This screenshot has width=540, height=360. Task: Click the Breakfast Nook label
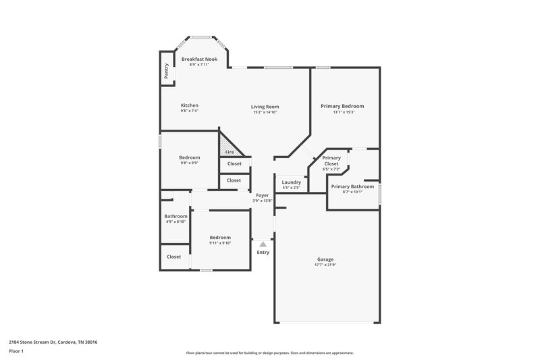coord(199,59)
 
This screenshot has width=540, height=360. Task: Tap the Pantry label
coord(166,70)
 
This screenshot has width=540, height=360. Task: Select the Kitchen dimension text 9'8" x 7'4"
coord(189,111)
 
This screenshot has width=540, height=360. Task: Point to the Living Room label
coord(265,107)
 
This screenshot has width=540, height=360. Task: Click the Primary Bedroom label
coord(342,106)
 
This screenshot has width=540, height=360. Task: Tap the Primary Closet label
coord(331,161)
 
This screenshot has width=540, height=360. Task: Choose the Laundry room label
coord(291,182)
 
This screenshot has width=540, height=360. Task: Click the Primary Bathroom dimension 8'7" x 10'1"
coord(352,192)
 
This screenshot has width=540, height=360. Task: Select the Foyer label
coord(262,195)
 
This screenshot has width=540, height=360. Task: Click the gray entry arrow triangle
coord(263,245)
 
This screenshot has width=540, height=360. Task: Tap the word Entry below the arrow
coord(263,253)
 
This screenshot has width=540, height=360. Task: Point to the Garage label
coord(325,259)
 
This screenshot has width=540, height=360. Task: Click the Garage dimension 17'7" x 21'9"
coord(325,265)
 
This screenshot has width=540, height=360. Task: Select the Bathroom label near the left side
coord(175,216)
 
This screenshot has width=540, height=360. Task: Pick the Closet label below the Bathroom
coord(173,257)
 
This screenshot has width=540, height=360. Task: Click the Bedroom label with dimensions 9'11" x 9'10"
coord(220,237)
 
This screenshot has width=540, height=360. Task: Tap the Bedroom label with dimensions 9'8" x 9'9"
coord(189,157)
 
